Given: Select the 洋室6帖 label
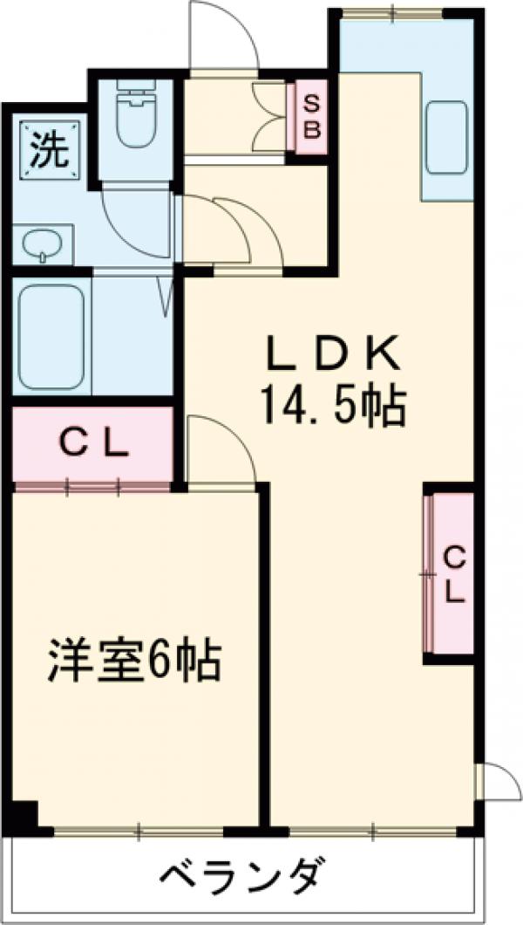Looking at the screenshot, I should [x=134, y=662].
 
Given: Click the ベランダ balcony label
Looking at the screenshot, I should [x=245, y=875].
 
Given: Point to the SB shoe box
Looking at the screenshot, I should [x=311, y=118].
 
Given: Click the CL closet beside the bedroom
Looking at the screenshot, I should [x=93, y=444].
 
